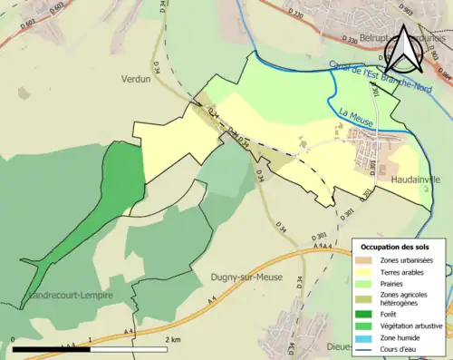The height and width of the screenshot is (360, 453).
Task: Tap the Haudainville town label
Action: coord(415,180)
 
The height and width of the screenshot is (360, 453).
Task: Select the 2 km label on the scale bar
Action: coord(172,339)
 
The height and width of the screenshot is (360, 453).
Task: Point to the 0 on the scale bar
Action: coord(14,339)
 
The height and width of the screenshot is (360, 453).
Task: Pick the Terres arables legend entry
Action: coord(406,272)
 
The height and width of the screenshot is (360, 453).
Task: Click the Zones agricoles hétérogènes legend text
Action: coord(408,298)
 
